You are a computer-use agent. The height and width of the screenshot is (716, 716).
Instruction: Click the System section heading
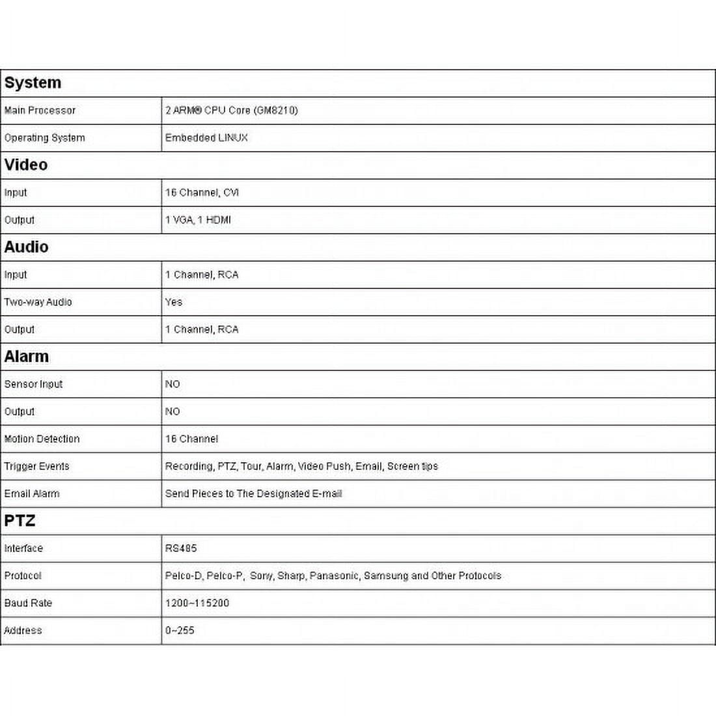[33, 83]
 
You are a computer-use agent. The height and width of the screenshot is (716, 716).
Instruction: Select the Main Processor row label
[40, 111]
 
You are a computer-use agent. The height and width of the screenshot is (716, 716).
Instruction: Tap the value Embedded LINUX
[206, 138]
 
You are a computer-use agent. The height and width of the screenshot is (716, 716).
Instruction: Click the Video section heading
[26, 165]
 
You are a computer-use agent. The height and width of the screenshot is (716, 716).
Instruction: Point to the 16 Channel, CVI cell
[202, 193]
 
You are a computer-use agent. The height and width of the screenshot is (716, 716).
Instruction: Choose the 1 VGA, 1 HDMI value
[198, 220]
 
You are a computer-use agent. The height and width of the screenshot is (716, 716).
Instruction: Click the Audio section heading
[26, 247]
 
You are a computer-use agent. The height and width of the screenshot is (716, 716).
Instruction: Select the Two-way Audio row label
[38, 302]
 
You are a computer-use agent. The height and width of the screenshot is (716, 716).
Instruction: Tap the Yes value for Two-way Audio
[174, 302]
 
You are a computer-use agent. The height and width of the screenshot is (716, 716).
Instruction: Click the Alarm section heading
[26, 357]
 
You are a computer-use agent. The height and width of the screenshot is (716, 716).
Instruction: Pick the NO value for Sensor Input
[172, 384]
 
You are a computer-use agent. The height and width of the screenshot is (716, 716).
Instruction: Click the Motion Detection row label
[42, 439]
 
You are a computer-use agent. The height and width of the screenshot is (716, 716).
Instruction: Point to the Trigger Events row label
[36, 466]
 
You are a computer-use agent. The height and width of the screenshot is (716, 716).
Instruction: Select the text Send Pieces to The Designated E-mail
[253, 493]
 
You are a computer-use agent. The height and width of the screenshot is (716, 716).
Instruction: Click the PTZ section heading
[20, 521]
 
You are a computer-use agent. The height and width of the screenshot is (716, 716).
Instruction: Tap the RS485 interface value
[181, 548]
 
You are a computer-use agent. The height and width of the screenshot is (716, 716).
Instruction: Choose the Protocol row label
[23, 575]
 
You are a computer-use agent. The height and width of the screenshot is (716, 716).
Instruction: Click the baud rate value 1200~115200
[197, 603]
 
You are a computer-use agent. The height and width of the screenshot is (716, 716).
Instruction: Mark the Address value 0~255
[180, 630]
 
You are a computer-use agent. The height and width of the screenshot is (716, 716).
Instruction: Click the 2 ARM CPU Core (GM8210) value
[231, 111]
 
